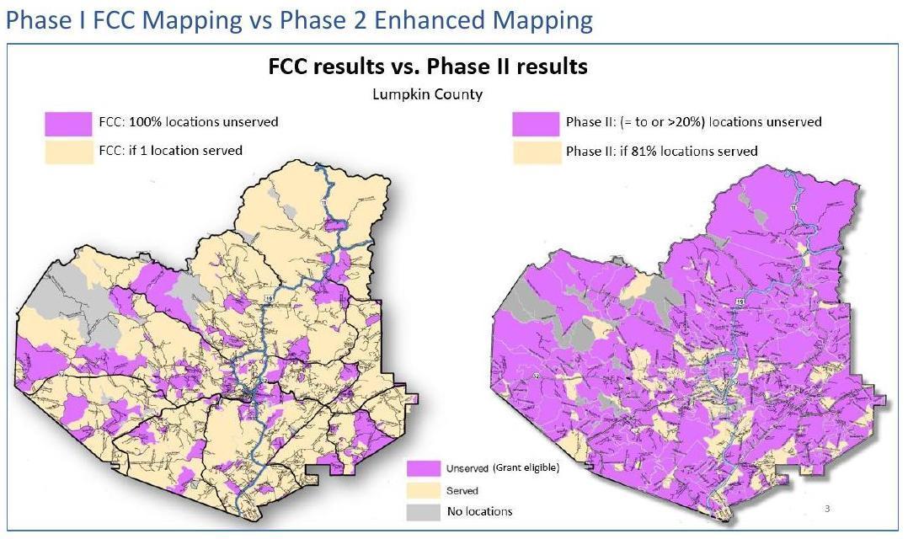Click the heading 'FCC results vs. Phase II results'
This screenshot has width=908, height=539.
tap(428, 67)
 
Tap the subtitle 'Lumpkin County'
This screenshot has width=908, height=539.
tap(428, 93)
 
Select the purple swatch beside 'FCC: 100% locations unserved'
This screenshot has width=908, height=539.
tap(68, 123)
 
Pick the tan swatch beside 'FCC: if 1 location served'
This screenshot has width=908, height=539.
tap(68, 152)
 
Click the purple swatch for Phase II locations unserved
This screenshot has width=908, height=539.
tap(535, 123)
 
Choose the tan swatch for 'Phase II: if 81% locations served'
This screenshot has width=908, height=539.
tap(535, 152)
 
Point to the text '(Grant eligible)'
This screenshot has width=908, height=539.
tap(526, 468)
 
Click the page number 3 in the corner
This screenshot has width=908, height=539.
tap(827, 508)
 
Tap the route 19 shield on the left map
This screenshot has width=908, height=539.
tap(266, 299)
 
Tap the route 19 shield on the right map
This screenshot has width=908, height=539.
tap(738, 301)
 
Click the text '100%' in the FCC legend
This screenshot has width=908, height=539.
tap(144, 122)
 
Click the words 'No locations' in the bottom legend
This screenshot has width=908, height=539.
tap(479, 511)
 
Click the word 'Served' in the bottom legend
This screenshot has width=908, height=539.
tap(462, 490)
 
